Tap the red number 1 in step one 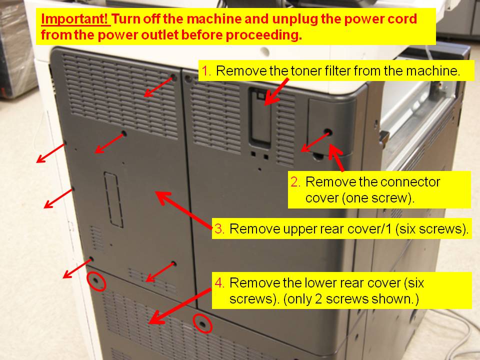click(x=206, y=71)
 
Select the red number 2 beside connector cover click(x=295, y=182)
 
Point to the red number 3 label click(x=219, y=229)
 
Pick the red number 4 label click(x=219, y=282)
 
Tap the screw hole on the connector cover click(x=328, y=132)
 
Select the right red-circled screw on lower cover click(x=202, y=323)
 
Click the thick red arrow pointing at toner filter click(x=276, y=92)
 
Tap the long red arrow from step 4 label click(x=179, y=305)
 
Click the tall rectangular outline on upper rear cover click(x=113, y=200)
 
